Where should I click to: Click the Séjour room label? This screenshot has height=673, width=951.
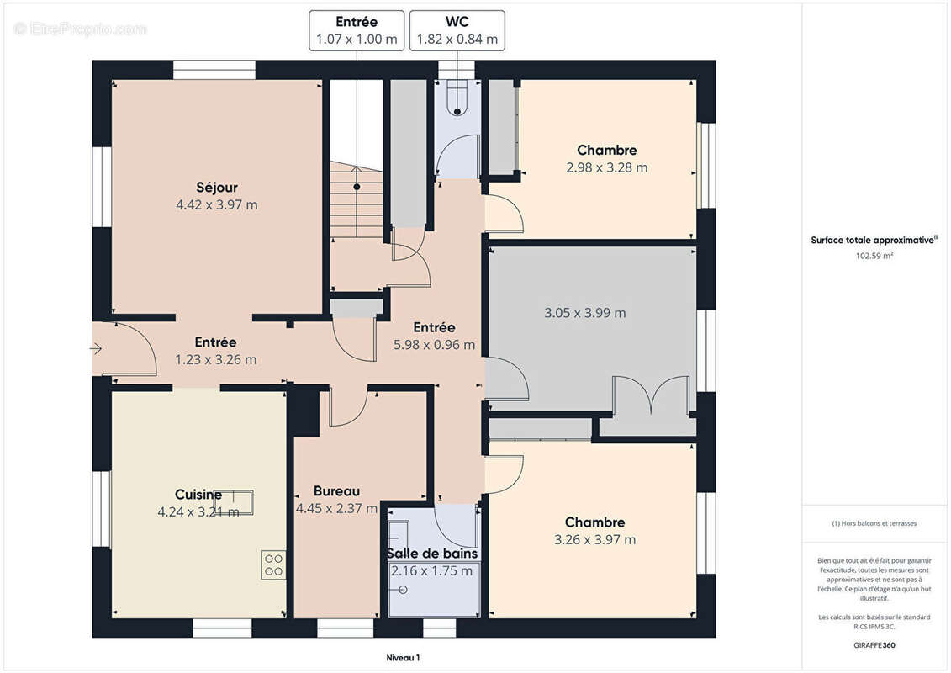pyautogui.click(x=217, y=187)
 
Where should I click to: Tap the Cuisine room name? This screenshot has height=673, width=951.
pyautogui.click(x=198, y=495)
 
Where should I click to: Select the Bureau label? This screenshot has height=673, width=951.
pyautogui.click(x=336, y=491)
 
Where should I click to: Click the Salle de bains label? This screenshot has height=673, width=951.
pyautogui.click(x=432, y=554)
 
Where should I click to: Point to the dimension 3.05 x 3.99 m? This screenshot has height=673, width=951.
pyautogui.click(x=584, y=313)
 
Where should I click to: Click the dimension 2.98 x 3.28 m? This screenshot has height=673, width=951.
pyautogui.click(x=606, y=167)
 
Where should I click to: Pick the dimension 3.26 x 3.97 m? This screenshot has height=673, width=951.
pyautogui.click(x=595, y=539)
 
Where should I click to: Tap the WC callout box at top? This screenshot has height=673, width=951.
pyautogui.click(x=457, y=30)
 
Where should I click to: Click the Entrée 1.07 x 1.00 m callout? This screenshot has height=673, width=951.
pyautogui.click(x=357, y=30)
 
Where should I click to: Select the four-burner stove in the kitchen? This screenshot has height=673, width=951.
pyautogui.click(x=273, y=564)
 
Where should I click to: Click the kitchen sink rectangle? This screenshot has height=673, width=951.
pyautogui.click(x=234, y=502)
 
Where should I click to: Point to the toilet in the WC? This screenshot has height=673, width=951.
pyautogui.click(x=457, y=99)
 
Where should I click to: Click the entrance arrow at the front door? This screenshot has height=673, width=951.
pyautogui.click(x=96, y=348)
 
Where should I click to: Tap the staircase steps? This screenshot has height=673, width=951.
pyautogui.click(x=357, y=199)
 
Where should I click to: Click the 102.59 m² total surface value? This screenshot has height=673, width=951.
pyautogui.click(x=874, y=256)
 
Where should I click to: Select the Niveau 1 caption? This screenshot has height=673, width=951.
pyautogui.click(x=403, y=658)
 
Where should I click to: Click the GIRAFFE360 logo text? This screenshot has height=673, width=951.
pyautogui.click(x=874, y=645)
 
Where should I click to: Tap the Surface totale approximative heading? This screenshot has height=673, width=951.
pyautogui.click(x=874, y=241)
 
